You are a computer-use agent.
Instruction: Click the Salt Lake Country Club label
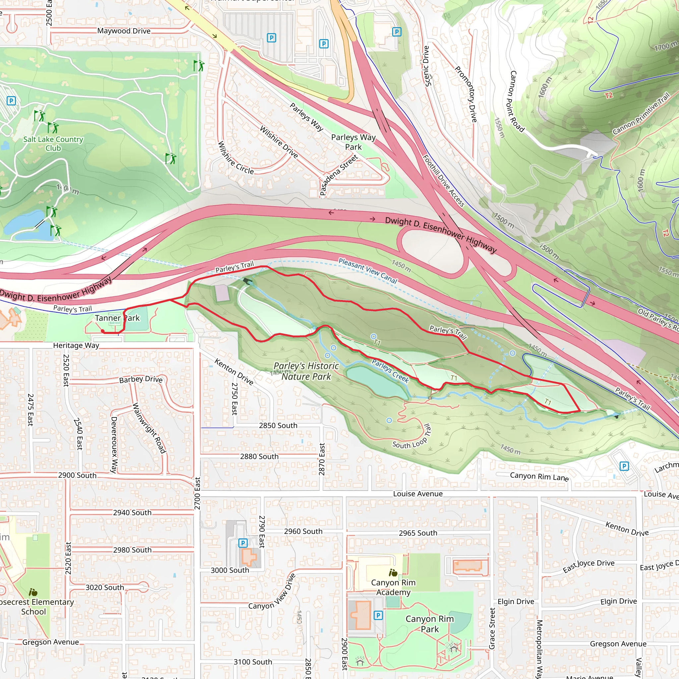[53, 143]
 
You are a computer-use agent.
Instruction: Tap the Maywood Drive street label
[124, 31]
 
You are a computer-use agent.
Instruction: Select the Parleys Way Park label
[353, 142]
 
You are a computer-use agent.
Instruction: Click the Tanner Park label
[117, 318]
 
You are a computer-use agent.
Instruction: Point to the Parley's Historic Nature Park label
[306, 371]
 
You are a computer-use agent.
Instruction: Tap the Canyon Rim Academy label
[393, 587]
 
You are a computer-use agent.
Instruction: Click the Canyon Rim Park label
[429, 624]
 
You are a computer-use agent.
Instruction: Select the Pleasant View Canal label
[368, 271]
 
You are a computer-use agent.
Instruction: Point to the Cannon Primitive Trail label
[641, 113]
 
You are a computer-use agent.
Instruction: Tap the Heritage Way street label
[76, 345]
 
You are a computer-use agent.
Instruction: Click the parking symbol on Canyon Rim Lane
[624, 466]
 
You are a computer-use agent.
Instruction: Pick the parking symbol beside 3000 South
[243, 543]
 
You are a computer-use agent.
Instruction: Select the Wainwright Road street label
[149, 428]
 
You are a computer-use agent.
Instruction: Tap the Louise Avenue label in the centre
[417, 494]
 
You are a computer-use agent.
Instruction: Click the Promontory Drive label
[466, 94]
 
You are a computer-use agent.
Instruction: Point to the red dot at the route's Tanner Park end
[103, 331]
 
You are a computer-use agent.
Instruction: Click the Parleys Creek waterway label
[390, 371]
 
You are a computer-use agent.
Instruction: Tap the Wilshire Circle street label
[235, 158]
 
